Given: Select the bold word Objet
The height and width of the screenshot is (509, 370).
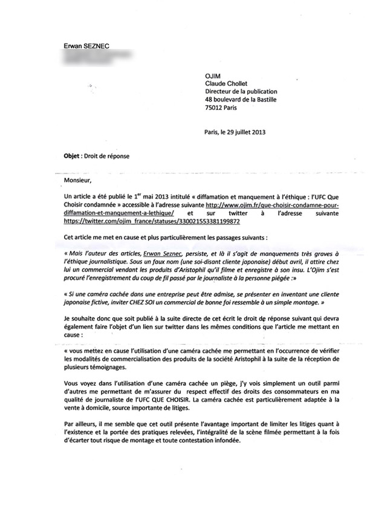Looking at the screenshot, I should pos(74,155).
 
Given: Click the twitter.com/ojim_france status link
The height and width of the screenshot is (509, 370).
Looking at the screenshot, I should pos(141,222).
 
